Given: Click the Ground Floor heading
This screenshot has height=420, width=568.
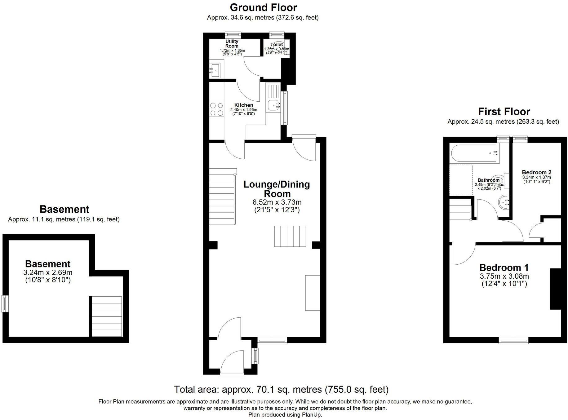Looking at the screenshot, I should pos(263,7).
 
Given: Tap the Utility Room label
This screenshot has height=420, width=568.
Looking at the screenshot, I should pos(232,44).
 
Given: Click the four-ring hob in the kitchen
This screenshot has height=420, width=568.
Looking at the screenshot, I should pos(217,109).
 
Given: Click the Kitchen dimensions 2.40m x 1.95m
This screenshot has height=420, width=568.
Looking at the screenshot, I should pos(243,110).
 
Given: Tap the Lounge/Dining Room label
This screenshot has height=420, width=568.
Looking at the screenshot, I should pos(277,189).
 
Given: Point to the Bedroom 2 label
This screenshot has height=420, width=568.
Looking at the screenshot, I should pos(536,172).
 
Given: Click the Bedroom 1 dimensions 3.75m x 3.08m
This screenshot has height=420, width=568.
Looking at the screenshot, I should pos(504,276).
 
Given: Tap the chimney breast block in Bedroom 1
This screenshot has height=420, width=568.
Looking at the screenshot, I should pos(556,289).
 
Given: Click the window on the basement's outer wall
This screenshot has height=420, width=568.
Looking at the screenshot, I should pos(5,304).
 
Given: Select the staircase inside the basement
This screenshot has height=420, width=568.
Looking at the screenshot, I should pos(107,316).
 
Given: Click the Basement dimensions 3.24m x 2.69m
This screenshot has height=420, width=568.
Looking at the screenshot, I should pos(48,273).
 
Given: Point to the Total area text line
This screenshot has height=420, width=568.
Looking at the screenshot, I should pos(281,389).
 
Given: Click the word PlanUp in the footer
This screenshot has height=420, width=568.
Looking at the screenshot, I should pos(313,415).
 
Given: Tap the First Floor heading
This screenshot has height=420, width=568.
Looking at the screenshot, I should pos(504,112).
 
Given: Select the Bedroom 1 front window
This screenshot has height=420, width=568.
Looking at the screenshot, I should pos(513,341).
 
